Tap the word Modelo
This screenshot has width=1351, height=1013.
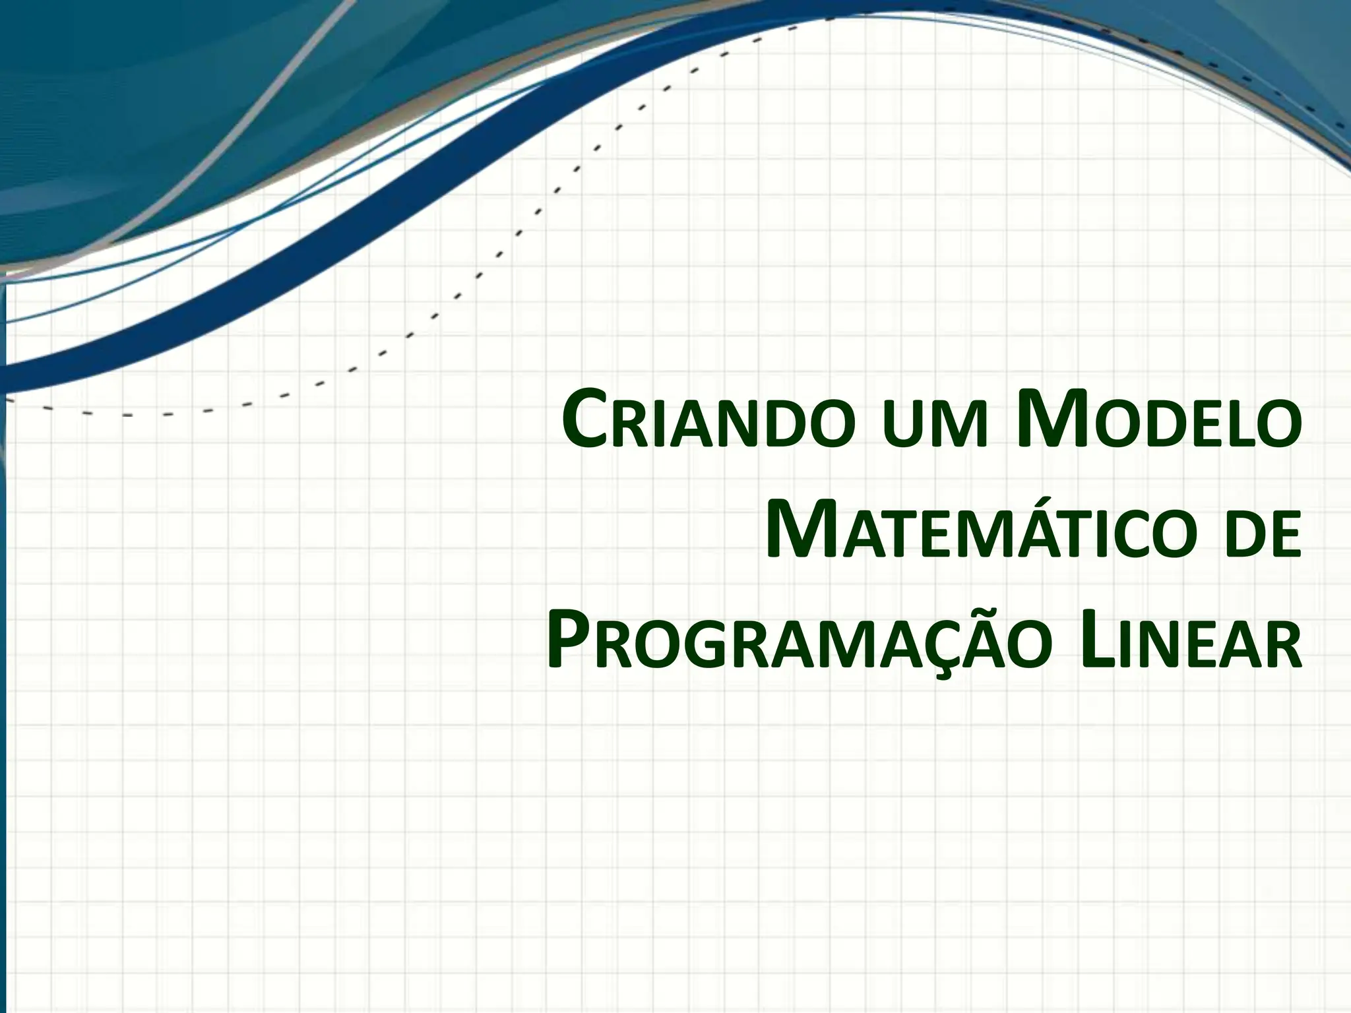click(1159, 422)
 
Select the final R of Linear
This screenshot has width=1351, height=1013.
click(1283, 646)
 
